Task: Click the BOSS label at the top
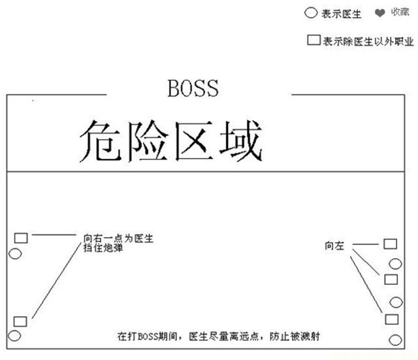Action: pos(193,88)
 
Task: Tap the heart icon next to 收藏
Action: pos(380,12)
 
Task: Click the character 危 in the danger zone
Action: pos(101,140)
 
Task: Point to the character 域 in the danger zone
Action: pos(241,140)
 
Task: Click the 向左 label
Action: pos(334,246)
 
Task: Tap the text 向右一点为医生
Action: pos(118,238)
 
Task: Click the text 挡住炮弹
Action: pos(103,248)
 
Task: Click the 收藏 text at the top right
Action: pos(400,12)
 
